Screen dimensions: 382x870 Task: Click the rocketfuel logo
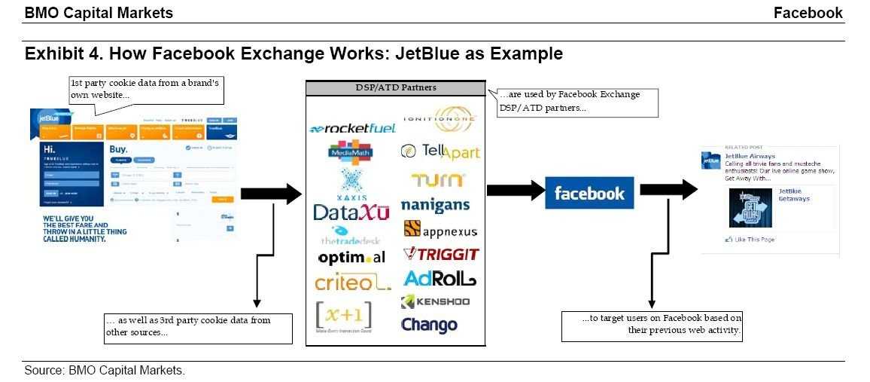[352, 129]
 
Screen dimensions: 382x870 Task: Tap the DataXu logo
[351, 212]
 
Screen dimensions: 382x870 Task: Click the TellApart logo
[440, 151]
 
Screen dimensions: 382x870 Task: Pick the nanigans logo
[435, 205]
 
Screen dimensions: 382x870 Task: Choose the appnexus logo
[440, 230]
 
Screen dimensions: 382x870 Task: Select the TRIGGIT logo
[440, 254]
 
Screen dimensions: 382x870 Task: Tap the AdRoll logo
[440, 279]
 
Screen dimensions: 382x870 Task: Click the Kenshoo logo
[435, 302]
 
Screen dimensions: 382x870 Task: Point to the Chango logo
[429, 325]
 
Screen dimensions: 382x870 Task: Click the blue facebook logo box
[589, 194]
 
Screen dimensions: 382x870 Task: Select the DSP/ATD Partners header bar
[395, 88]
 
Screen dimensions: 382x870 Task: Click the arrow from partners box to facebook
[516, 191]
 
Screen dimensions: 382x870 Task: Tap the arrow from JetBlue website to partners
[271, 193]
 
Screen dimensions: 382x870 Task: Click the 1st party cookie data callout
[145, 90]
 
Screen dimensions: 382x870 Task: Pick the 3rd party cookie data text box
[197, 327]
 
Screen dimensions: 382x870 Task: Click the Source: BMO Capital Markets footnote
[105, 371]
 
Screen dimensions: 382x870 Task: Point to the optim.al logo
[351, 258]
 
